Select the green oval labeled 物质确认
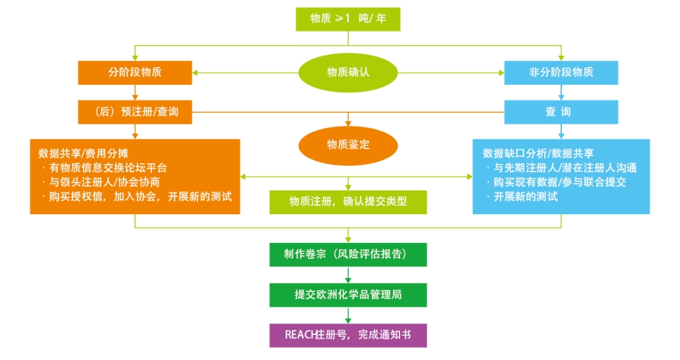coord(347,72)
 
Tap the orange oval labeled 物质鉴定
coord(347,145)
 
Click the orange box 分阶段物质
coord(135,72)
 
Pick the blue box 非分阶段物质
coord(561,72)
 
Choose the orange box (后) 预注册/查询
coord(135,112)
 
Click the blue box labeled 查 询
coord(561,112)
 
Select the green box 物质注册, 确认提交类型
coord(347,201)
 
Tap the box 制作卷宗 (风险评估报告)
coord(347,254)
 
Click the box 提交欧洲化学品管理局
coord(347,294)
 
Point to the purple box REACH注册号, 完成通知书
coord(347,335)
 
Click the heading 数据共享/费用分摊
coord(83,153)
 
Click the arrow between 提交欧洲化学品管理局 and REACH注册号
coord(348,314)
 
